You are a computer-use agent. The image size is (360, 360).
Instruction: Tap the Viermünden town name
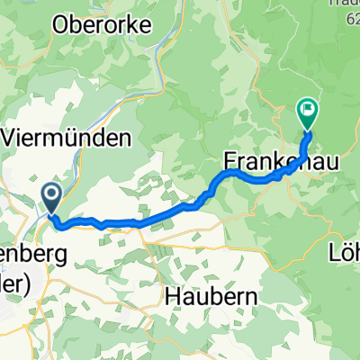pos(69,137)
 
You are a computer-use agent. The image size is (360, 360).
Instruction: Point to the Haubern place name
pos(211,294)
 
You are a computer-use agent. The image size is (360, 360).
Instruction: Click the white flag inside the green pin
pos(308,112)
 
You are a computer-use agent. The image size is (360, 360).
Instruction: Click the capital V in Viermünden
pos(13,137)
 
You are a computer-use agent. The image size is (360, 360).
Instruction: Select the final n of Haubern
pos(251,294)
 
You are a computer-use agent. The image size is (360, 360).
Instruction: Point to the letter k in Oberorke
pos(144,24)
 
